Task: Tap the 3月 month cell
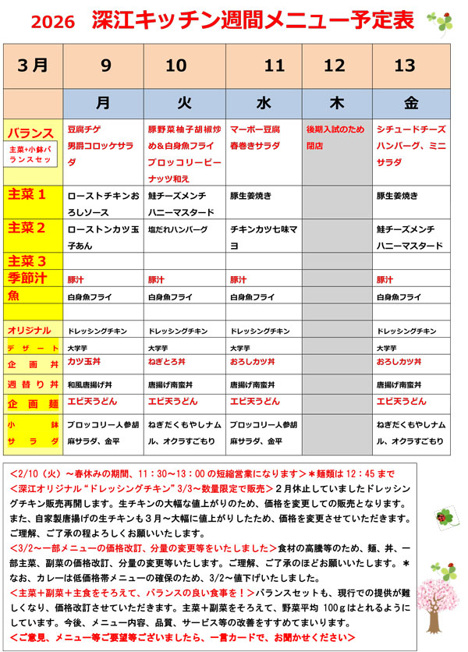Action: tap(31, 66)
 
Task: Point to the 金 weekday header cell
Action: tap(411, 101)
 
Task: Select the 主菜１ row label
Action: tap(28, 195)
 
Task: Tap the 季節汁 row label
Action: tap(29, 278)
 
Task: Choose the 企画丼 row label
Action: tap(32, 363)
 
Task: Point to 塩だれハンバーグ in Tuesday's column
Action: tap(178, 230)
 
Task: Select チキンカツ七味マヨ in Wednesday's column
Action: tap(261, 237)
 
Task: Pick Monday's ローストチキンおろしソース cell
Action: tap(102, 203)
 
